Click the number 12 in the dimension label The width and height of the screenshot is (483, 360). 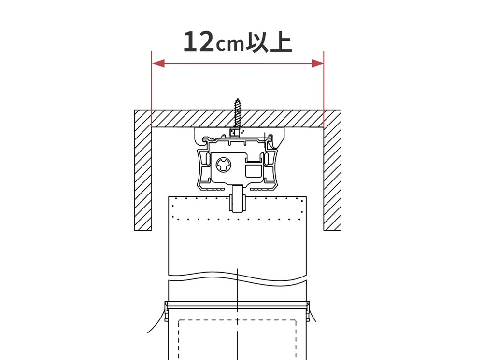point(199,42)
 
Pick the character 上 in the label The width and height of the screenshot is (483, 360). point(280,42)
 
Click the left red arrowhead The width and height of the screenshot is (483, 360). point(158,63)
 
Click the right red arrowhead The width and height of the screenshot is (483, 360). point(318,63)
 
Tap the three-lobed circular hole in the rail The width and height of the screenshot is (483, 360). point(224,165)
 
